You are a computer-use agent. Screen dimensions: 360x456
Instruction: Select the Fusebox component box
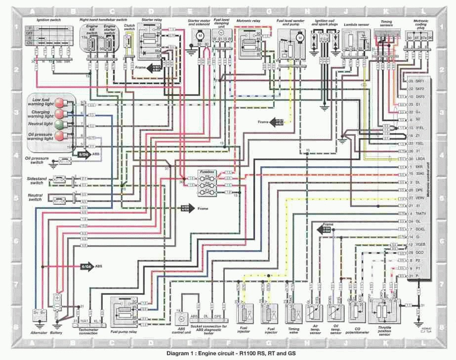207,183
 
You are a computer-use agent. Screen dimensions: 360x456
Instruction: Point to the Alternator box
39,313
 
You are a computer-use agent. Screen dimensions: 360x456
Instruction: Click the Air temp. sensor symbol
314,313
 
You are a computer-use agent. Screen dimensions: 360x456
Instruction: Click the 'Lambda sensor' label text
356,22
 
